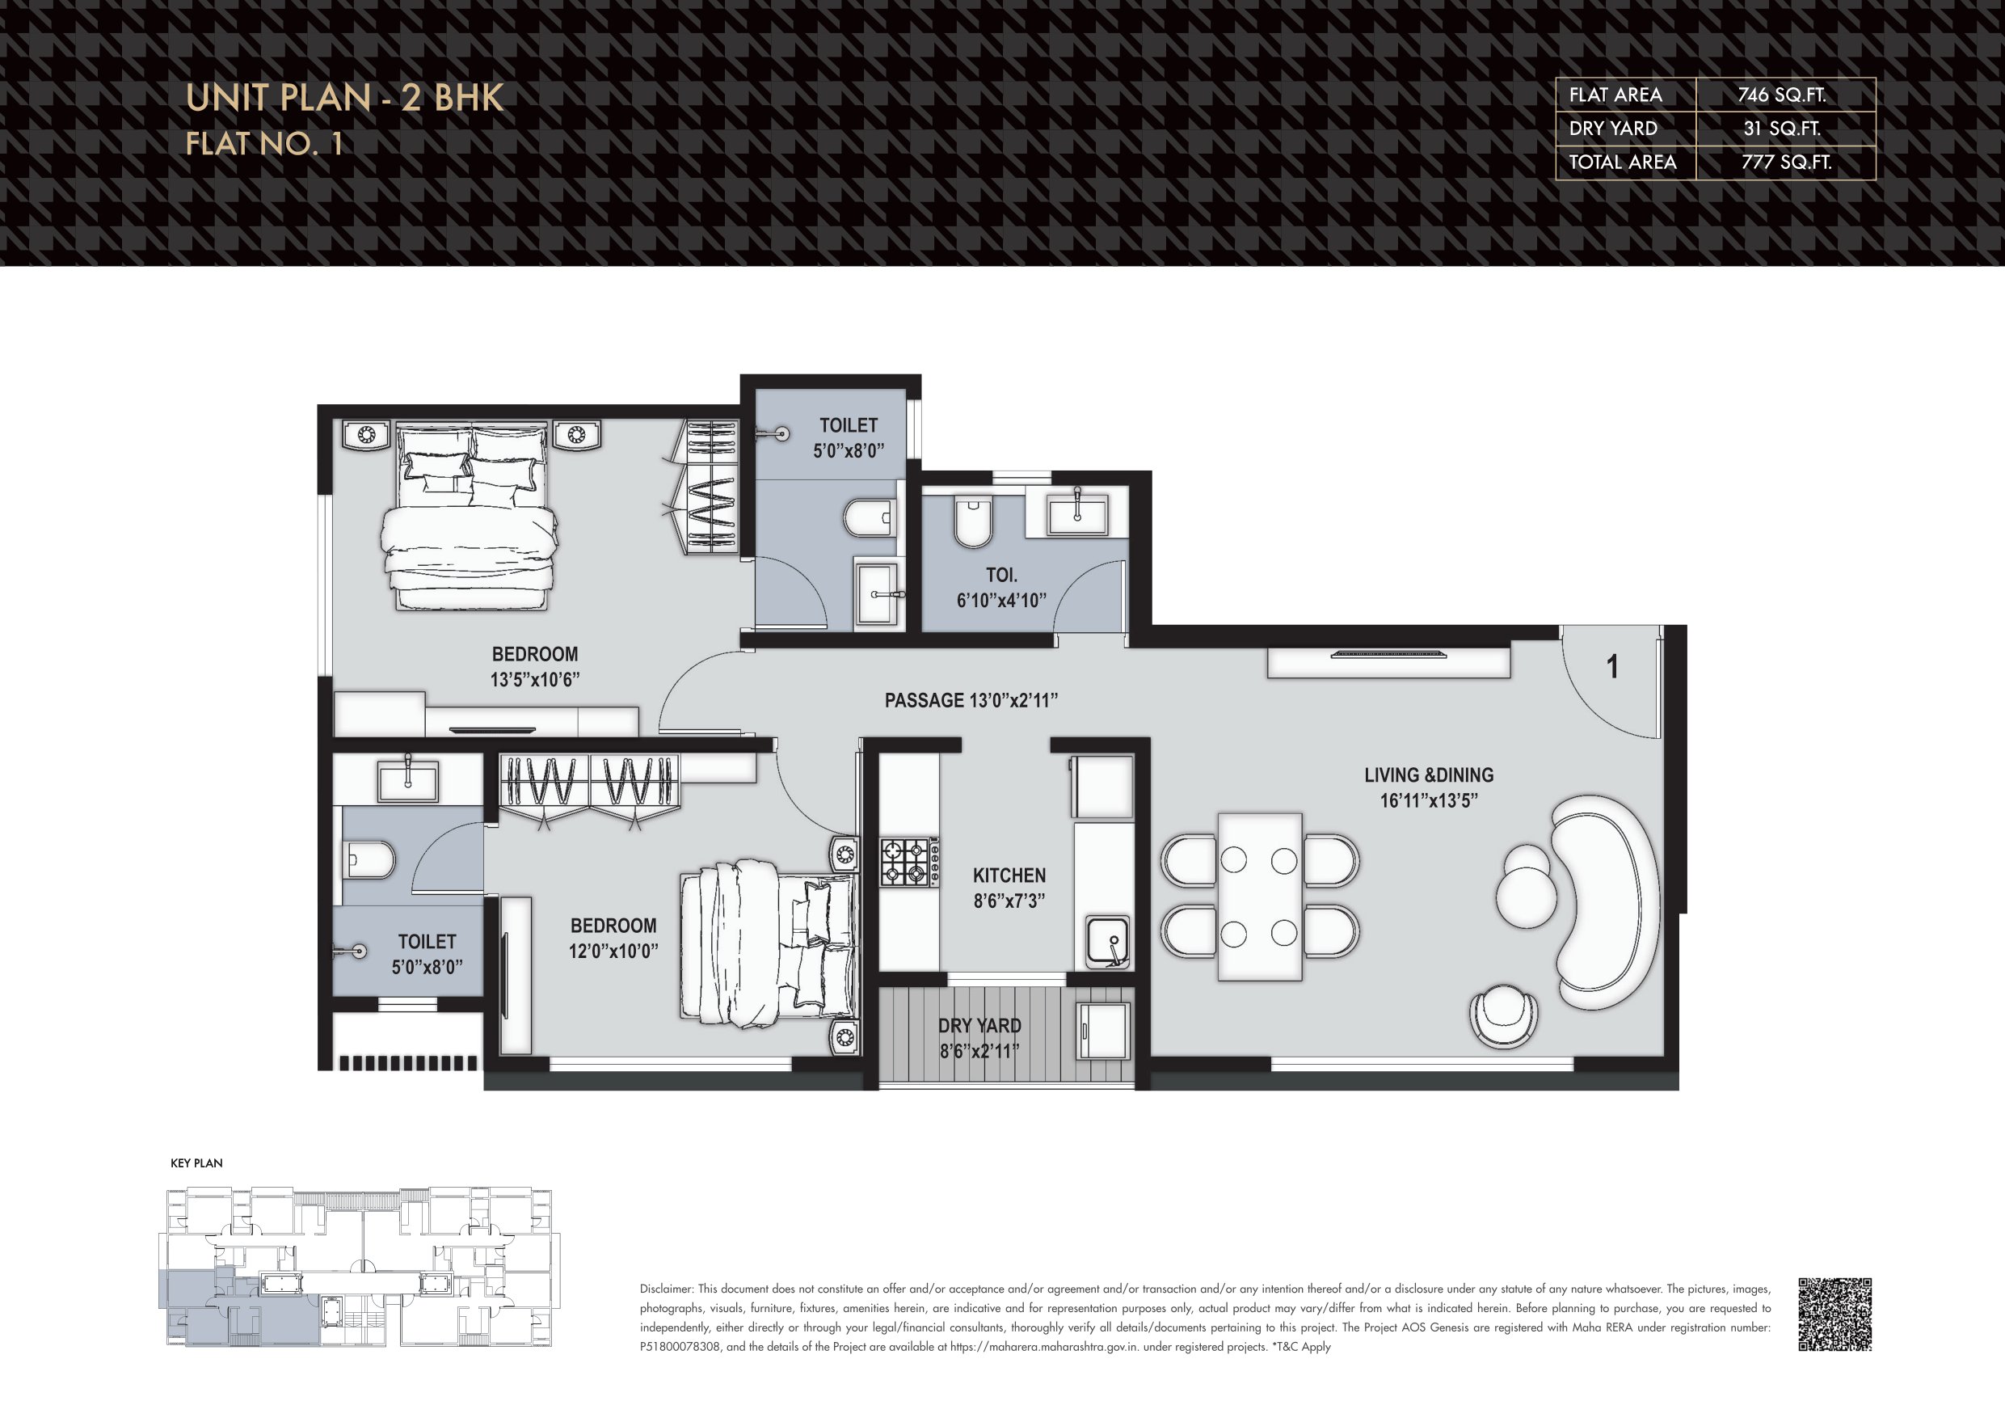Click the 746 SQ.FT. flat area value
click(x=1781, y=95)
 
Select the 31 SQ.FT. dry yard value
click(x=1782, y=129)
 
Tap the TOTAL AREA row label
click(x=1623, y=162)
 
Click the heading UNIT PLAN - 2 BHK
click(x=345, y=98)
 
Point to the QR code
click(x=1834, y=1314)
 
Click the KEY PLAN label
click(x=196, y=1163)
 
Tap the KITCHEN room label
click(x=1009, y=876)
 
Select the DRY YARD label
click(x=979, y=1026)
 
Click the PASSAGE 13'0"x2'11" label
click(x=971, y=701)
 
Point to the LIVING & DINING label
click(x=1429, y=775)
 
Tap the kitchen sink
click(x=1107, y=941)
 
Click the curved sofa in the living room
click(x=1605, y=901)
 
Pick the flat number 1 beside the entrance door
click(x=1613, y=668)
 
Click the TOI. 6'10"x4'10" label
click(x=1001, y=587)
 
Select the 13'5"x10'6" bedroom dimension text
click(x=534, y=680)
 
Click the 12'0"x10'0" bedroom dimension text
click(x=613, y=951)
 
